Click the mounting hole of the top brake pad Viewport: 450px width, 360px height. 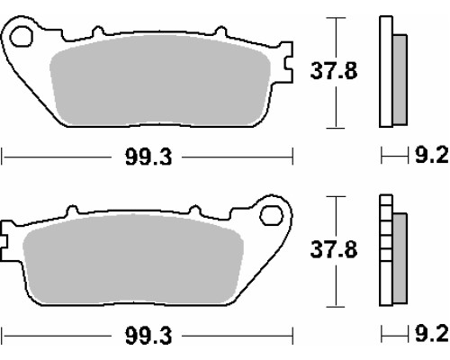point(21,37)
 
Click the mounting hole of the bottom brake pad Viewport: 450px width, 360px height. point(272,215)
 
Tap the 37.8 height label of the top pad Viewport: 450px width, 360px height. point(334,71)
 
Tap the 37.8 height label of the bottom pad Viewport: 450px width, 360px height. point(334,249)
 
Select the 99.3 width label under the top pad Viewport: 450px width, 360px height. point(148,157)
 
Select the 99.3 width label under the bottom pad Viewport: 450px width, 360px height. point(148,336)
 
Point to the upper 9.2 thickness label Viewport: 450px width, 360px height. point(431,156)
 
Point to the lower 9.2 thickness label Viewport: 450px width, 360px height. point(431,334)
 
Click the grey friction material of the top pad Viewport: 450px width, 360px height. point(160,80)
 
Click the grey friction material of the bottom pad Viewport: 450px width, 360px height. point(133,259)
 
